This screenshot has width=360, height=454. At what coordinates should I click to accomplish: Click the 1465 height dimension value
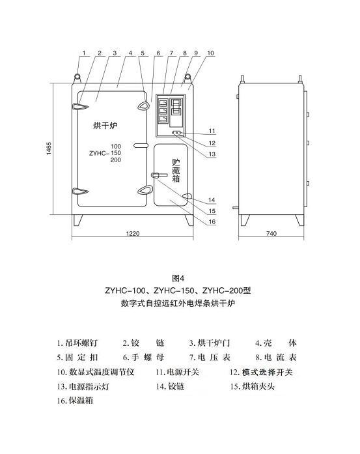click(x=49, y=148)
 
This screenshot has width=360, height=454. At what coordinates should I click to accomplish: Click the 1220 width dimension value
click(x=133, y=233)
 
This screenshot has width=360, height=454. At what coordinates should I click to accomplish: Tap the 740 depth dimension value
click(x=271, y=233)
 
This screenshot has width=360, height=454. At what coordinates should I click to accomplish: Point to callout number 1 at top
click(x=84, y=53)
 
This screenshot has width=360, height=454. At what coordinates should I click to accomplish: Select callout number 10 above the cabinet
click(x=210, y=53)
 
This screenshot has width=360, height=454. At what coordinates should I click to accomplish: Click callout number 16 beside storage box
click(x=212, y=221)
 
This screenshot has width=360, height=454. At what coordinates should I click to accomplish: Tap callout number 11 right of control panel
click(x=212, y=131)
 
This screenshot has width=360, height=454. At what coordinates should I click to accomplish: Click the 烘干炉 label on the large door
click(x=105, y=126)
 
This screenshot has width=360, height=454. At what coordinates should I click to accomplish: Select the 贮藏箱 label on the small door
click(x=176, y=171)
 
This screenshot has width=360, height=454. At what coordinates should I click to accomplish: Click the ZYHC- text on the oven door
click(x=99, y=153)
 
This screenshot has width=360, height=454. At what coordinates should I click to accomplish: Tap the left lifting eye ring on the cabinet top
click(x=77, y=77)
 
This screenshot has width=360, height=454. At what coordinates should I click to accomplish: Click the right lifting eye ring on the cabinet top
click(x=187, y=77)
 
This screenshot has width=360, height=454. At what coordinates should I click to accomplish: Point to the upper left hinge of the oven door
click(x=80, y=107)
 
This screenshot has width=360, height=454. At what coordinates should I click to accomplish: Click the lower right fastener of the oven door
click(x=143, y=190)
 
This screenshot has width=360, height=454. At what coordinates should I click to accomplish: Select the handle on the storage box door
click(x=159, y=175)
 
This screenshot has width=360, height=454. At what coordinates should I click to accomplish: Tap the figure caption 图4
click(x=178, y=278)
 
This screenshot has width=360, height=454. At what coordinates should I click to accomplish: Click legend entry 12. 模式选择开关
click(x=261, y=372)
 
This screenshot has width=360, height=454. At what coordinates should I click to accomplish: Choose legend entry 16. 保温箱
click(x=75, y=401)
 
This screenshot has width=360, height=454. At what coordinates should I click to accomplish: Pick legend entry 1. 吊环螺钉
click(x=77, y=343)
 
